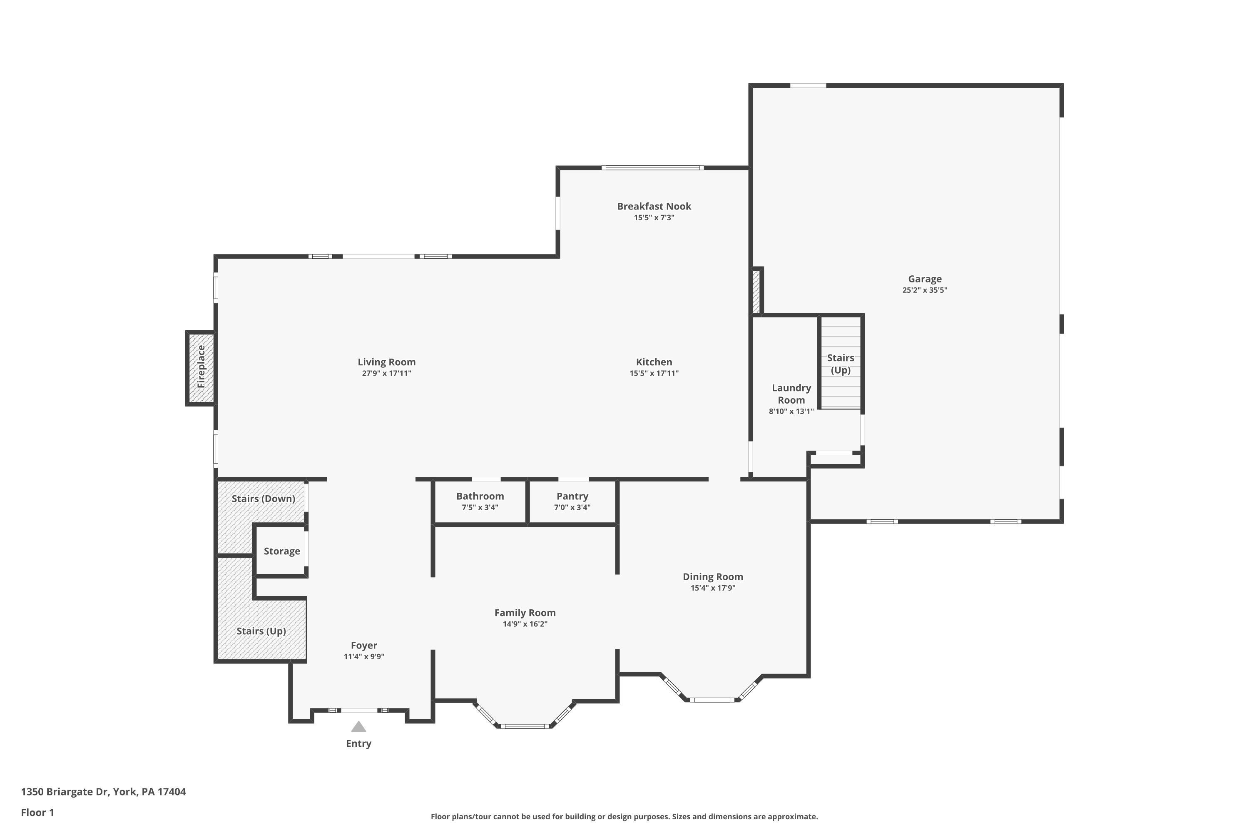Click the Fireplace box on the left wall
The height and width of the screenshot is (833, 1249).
201,368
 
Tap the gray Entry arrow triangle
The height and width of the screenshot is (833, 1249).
358,726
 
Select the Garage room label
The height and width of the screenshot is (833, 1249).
925,279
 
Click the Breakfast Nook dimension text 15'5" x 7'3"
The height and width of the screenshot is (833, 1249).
654,217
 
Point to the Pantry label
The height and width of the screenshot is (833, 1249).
572,496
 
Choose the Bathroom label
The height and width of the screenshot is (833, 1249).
480,496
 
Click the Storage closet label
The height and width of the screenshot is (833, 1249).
282,551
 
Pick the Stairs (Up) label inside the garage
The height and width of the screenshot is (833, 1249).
841,364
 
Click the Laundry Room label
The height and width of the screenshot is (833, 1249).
791,394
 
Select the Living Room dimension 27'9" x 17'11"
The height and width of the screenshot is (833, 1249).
387,373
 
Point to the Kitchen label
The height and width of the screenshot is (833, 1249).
654,362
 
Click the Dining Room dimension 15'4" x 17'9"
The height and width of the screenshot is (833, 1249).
713,588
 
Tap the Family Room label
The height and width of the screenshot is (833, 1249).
525,613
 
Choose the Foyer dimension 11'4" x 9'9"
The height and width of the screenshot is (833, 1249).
364,656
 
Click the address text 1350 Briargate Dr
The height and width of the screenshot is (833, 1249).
65,792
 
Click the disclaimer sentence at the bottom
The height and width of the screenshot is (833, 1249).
624,816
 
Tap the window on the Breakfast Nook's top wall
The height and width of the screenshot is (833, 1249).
653,168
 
